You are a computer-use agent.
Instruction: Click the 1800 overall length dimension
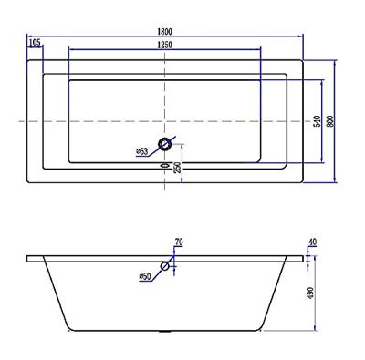tap(165, 31)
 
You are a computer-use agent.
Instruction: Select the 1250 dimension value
tap(165, 45)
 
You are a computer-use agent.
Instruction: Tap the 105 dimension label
tap(35, 43)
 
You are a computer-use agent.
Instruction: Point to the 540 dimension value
tap(317, 121)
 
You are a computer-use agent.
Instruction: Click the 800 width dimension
tap(330, 121)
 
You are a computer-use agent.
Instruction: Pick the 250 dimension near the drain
tap(177, 168)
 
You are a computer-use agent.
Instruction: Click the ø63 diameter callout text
tap(142, 151)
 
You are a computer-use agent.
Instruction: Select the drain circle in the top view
tap(165, 143)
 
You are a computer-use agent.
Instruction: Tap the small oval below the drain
tap(164, 166)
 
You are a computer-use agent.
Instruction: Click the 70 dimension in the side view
tap(179, 242)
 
